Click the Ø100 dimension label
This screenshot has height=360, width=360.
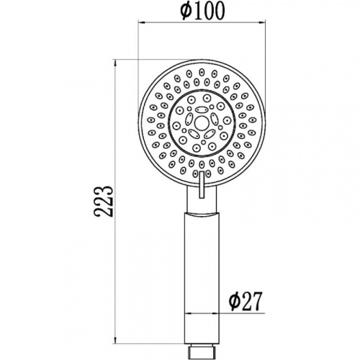(202, 11)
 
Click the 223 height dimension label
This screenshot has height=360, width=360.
(103, 201)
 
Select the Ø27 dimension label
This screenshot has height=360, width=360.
(245, 302)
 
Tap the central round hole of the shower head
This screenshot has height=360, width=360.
(201, 123)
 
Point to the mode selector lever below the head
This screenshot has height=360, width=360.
(202, 184)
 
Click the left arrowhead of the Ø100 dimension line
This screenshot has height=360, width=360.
(141, 23)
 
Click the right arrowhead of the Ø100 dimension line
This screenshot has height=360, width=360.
(262, 23)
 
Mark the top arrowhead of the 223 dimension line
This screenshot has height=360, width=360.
(115, 63)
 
